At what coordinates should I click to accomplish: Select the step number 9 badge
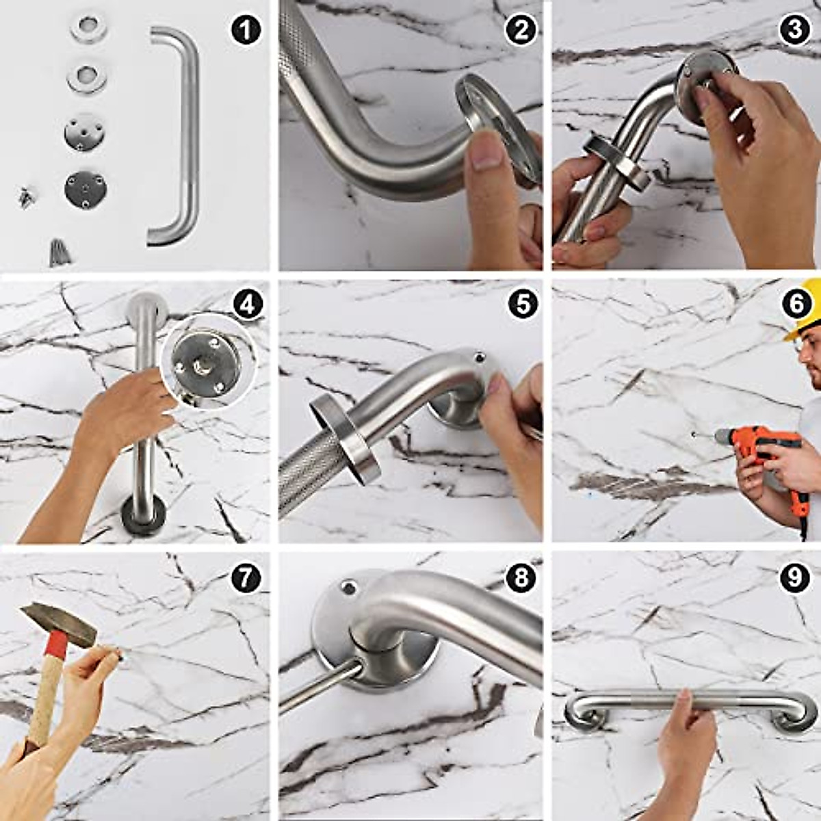pyautogui.click(x=794, y=578)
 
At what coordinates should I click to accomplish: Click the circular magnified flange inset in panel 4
pyautogui.click(x=209, y=361)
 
